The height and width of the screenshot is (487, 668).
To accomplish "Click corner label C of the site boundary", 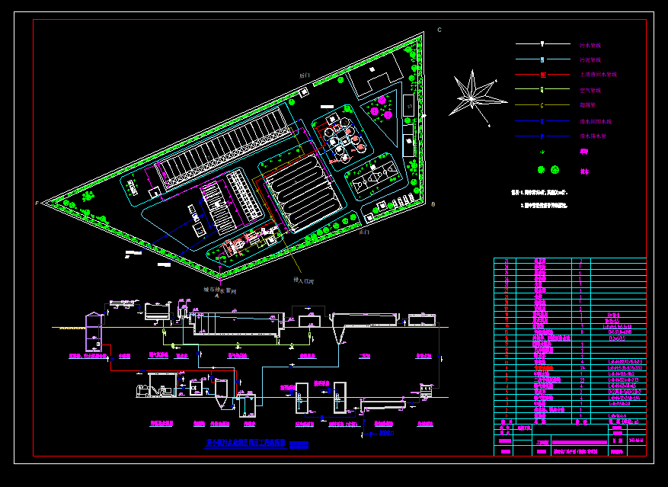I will click(x=439, y=30).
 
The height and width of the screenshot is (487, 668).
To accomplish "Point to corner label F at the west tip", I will click(x=36, y=203).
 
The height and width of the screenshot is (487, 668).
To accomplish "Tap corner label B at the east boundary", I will click(x=433, y=204).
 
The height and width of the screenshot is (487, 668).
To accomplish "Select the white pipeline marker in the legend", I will click(x=542, y=44).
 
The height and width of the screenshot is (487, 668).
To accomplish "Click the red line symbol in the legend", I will click(x=542, y=75).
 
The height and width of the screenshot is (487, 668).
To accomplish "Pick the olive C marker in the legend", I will click(x=542, y=105).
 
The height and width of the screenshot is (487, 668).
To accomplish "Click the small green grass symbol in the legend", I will click(x=542, y=152).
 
